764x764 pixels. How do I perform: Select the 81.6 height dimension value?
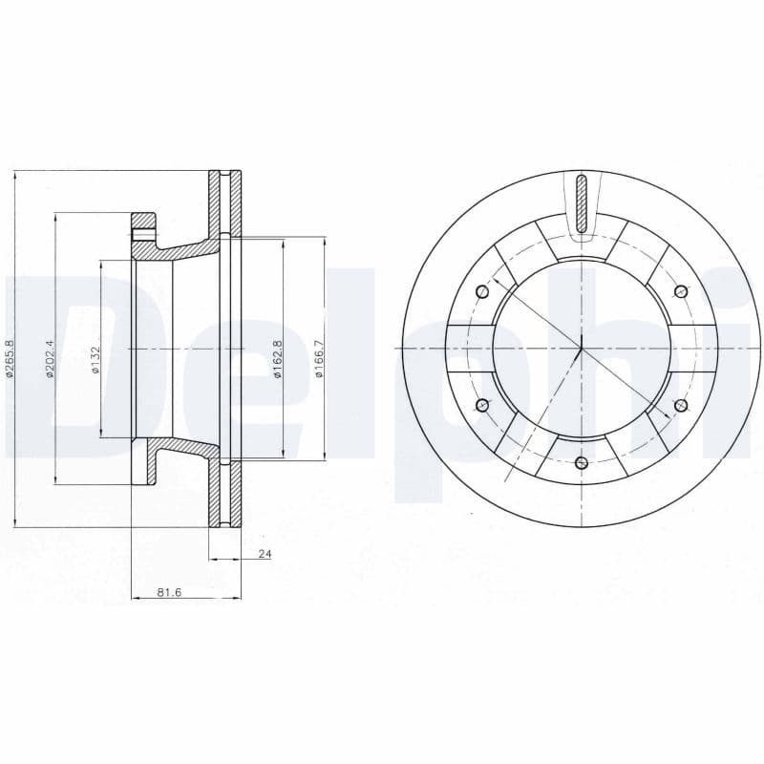click(x=169, y=593)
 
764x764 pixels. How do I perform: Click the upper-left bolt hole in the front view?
click(x=482, y=291)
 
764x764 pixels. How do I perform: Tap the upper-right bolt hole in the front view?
click(x=680, y=291)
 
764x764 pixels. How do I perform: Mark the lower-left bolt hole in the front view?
click(x=482, y=406)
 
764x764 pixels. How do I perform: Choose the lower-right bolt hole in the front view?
click(x=680, y=406)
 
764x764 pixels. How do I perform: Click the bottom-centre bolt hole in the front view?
click(x=582, y=463)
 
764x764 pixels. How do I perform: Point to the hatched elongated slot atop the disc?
click(x=582, y=203)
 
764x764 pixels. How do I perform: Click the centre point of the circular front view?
click(x=582, y=349)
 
